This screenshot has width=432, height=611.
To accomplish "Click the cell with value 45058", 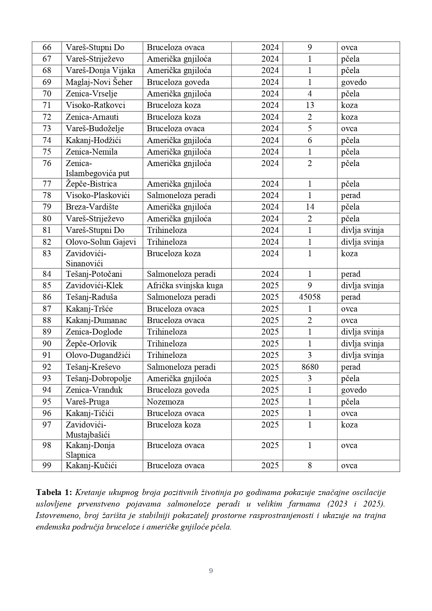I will [309, 297].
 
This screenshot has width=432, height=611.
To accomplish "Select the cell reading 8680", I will [309, 367].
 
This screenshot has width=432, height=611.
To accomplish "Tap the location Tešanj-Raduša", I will [92, 297].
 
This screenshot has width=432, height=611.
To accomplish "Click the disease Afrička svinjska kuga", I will [185, 285].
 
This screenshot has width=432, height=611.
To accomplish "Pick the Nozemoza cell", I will [165, 402].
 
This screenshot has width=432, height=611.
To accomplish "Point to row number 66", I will [47, 47].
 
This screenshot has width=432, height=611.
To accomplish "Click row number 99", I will [47, 465].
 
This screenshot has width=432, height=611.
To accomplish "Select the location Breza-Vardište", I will [92, 207].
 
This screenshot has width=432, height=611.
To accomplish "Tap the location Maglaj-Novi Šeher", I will [99, 82].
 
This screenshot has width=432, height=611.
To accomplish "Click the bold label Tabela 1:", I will [54, 492].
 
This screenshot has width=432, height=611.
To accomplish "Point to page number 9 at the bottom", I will [211, 571].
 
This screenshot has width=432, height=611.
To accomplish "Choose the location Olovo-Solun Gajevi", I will [101, 242].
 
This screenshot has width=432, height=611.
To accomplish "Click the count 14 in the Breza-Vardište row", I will [309, 207].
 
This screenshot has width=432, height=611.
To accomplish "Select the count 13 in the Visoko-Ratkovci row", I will [309, 105].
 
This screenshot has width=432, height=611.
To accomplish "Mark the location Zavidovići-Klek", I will [94, 285].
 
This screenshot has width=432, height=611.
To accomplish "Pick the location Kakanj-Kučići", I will [91, 465].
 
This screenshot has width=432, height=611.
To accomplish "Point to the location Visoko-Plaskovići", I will [98, 195].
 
